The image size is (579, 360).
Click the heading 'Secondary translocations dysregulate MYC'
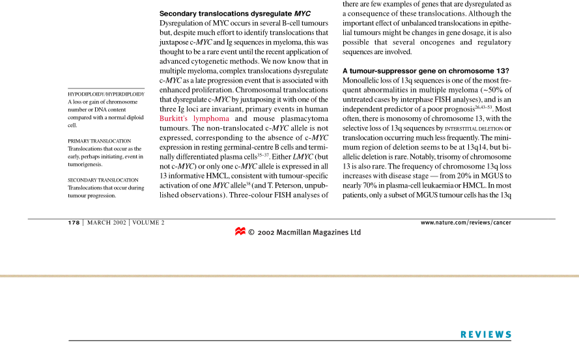pos(235,13)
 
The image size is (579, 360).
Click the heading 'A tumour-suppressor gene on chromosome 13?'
pos(425,70)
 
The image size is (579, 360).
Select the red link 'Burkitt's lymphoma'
pos(194,118)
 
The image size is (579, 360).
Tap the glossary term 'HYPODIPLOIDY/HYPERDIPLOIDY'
pos(106,94)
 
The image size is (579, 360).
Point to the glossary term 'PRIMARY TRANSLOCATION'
pos(99,141)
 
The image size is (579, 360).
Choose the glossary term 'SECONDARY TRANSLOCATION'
pos(103,180)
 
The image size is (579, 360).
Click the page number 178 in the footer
pos(74,223)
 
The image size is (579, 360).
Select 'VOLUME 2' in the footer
pos(148,223)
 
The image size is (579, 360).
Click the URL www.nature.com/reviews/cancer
pos(466,223)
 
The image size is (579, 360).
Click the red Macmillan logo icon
pos(240,232)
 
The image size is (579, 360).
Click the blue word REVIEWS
pos(486,335)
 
